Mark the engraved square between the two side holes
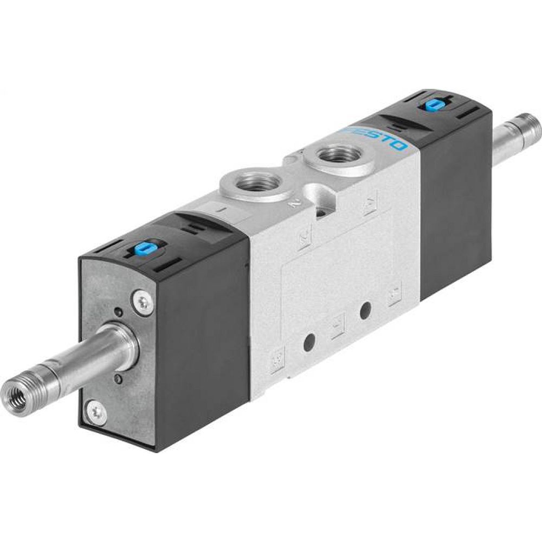[338, 326]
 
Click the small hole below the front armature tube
[119, 379]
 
